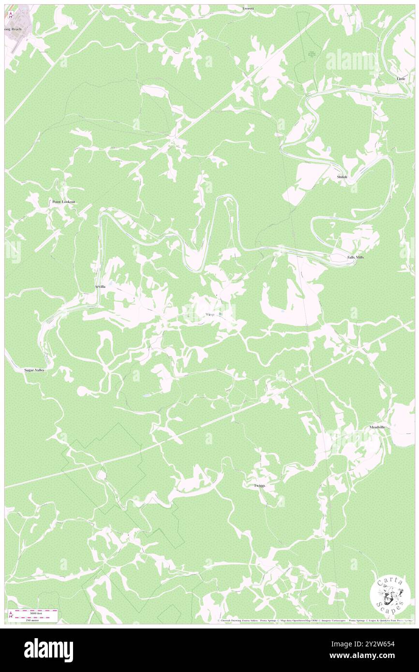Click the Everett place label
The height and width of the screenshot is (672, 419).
pos(248,8)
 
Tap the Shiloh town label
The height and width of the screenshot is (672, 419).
pos(343,177)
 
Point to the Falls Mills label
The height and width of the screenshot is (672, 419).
pos(356,257)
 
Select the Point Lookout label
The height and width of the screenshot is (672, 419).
pos(64,202)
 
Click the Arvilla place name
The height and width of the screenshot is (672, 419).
pos(100,287)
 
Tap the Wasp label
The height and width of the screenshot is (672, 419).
pos(209,314)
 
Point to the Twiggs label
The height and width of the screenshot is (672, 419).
pos(259,485)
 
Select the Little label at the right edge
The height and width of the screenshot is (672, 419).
pos(401,78)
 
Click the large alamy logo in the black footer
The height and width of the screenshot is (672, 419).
pos(48,650)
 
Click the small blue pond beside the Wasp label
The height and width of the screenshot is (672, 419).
pos(221,315)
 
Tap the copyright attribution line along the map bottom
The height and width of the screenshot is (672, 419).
pos(314,620)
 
